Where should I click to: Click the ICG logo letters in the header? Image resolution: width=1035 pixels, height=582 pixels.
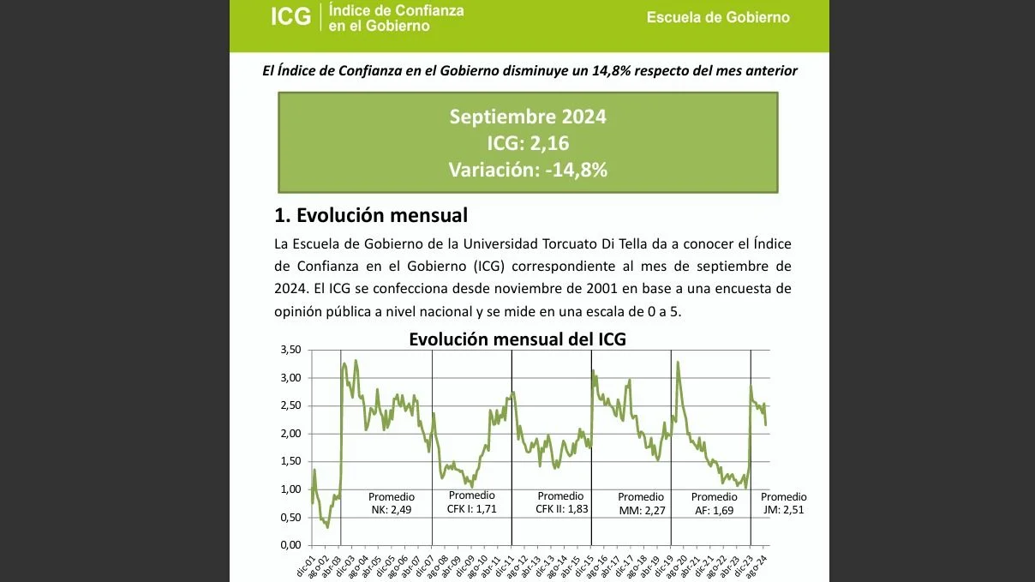point(290,16)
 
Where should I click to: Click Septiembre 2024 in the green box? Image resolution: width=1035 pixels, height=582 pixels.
point(527,117)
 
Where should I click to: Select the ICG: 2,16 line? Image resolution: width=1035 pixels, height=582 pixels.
point(527,143)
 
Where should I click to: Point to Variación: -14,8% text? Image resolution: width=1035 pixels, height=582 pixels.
point(527,170)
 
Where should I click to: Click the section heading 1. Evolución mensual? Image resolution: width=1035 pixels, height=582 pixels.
point(370,214)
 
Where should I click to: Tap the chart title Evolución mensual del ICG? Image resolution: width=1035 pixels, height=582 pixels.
point(517,339)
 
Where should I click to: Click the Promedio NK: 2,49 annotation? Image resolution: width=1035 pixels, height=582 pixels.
point(392,503)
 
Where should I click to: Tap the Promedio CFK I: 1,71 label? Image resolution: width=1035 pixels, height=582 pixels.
point(471,502)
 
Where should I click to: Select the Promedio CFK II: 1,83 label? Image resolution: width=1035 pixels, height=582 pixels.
point(560,502)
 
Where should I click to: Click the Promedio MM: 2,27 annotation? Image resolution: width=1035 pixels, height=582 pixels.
point(641,503)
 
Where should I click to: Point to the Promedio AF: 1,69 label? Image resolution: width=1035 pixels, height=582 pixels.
point(714,503)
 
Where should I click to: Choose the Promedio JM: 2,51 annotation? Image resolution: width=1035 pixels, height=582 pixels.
point(783,503)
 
